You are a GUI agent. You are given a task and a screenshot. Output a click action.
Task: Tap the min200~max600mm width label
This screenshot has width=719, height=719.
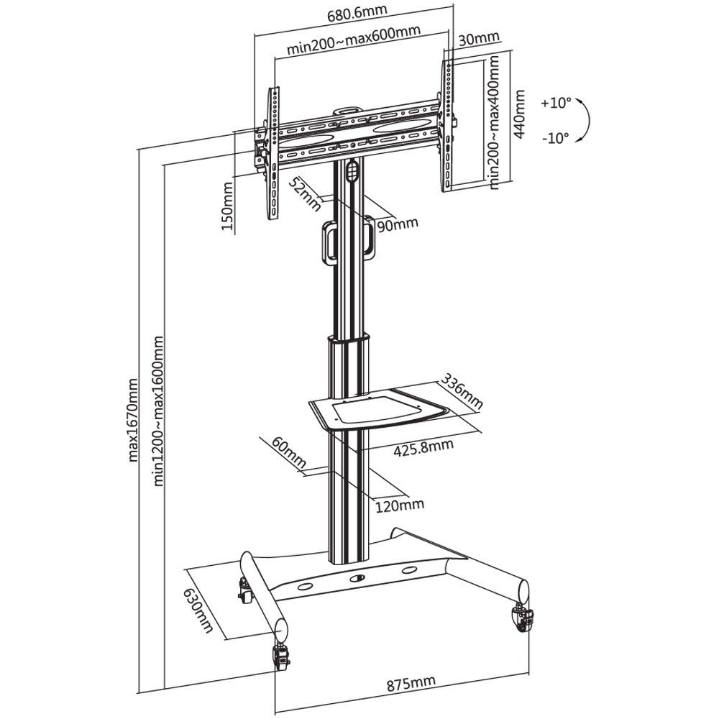coord(354,40)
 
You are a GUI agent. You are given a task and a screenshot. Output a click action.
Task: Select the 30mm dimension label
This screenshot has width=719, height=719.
coord(479,39)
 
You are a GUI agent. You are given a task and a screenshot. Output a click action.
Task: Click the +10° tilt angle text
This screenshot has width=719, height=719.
coord(557,103)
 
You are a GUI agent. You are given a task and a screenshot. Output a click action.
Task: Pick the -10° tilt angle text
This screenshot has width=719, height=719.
coord(555,137)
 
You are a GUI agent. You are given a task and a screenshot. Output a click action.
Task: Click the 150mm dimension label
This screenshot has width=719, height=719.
coord(228,206)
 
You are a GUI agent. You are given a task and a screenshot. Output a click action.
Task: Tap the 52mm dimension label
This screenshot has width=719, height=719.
coord(304,193)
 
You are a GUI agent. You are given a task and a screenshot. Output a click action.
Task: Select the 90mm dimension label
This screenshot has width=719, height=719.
coord(397,224)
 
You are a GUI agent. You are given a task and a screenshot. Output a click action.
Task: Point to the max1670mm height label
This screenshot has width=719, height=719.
coord(132,420)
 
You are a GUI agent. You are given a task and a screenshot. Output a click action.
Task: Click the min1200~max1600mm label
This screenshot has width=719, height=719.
coord(158,411)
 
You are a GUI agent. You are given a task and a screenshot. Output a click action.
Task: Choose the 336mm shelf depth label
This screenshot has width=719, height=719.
coord(462,391)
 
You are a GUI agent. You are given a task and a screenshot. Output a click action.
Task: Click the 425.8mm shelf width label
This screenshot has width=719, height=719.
coord(424,447)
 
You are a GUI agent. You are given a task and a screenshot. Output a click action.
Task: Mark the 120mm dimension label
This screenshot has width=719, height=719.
coord(400,505)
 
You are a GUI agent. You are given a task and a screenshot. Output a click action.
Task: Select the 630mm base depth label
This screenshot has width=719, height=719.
coord(198,610)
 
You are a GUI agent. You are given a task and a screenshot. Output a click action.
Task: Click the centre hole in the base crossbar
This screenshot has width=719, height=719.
coord(357,578)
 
